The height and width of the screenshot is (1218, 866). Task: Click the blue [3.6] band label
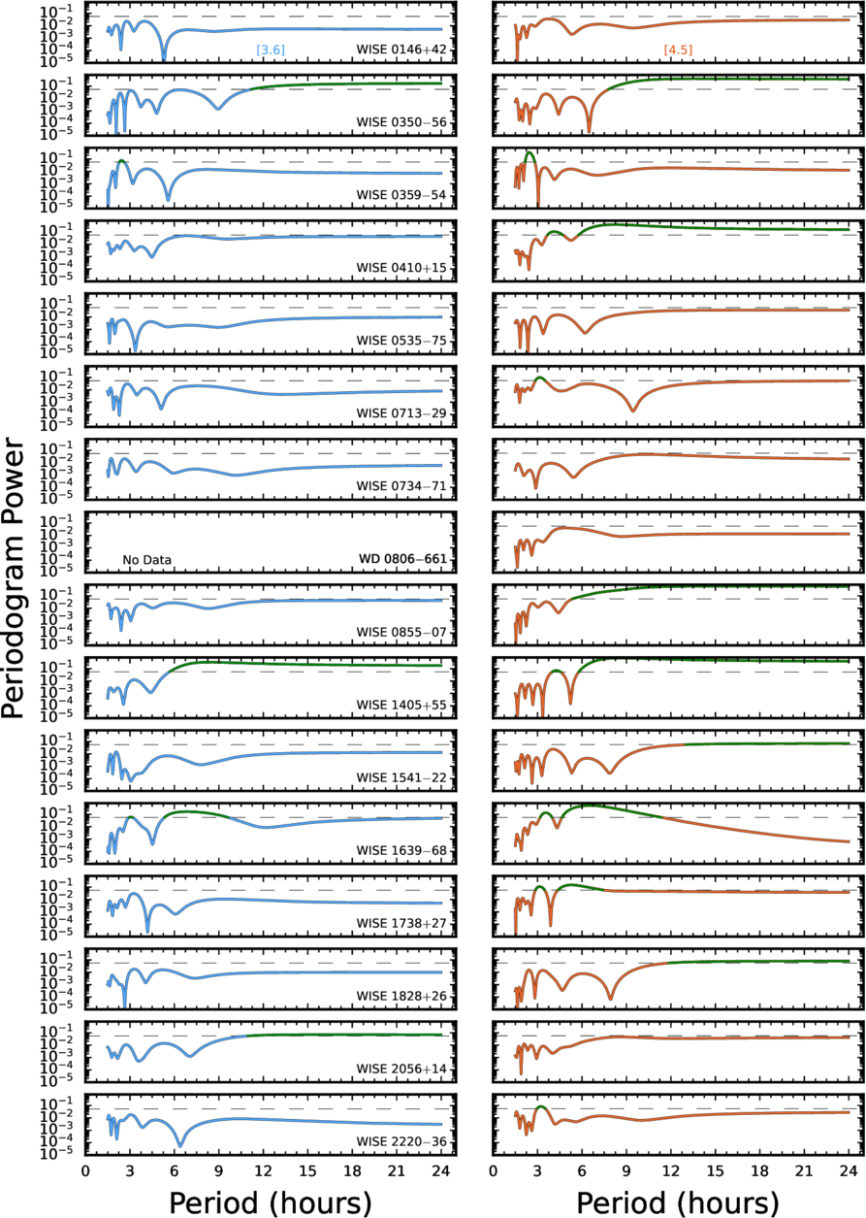point(271,50)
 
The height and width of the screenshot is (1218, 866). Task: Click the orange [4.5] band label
point(678,50)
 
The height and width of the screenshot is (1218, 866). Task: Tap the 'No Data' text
point(146,560)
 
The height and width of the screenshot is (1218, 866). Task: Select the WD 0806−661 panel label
point(402,558)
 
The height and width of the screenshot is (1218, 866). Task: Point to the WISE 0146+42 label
point(401,49)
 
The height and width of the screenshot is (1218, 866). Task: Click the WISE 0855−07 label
point(401,632)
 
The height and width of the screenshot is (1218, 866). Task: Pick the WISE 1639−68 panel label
point(401,850)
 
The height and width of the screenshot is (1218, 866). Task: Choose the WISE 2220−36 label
point(401,1142)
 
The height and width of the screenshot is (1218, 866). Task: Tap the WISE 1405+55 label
point(401,705)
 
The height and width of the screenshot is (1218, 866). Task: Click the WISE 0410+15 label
point(401,268)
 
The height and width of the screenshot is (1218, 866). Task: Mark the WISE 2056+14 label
point(401,1069)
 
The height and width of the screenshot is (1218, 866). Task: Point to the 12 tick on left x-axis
point(263,1170)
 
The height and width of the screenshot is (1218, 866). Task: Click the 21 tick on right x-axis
point(804,1170)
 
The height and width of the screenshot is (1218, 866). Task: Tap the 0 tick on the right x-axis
point(493,1170)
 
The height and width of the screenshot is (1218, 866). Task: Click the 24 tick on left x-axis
point(440,1170)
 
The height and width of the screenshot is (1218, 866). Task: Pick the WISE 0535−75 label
point(401,341)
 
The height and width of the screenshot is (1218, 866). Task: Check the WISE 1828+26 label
point(401,996)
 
